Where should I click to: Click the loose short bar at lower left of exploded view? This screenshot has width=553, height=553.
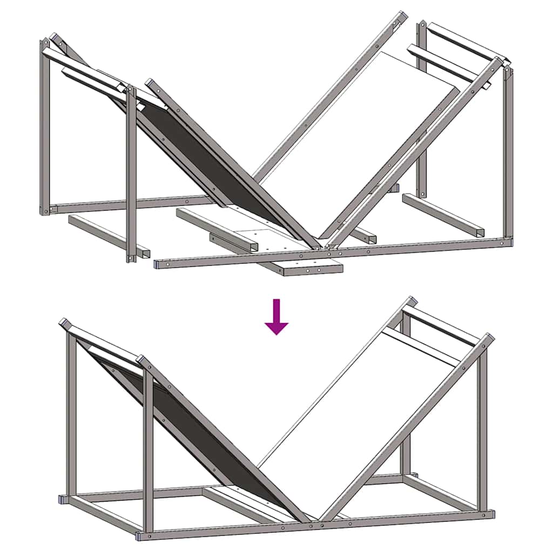pos(108,235)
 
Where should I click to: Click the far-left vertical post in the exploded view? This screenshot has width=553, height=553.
pos(45,130)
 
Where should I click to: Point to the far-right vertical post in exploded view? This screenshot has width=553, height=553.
pos(508,157)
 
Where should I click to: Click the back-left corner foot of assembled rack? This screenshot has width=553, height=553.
pos(64,500)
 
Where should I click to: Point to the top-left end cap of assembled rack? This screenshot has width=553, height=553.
pos(64,323)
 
